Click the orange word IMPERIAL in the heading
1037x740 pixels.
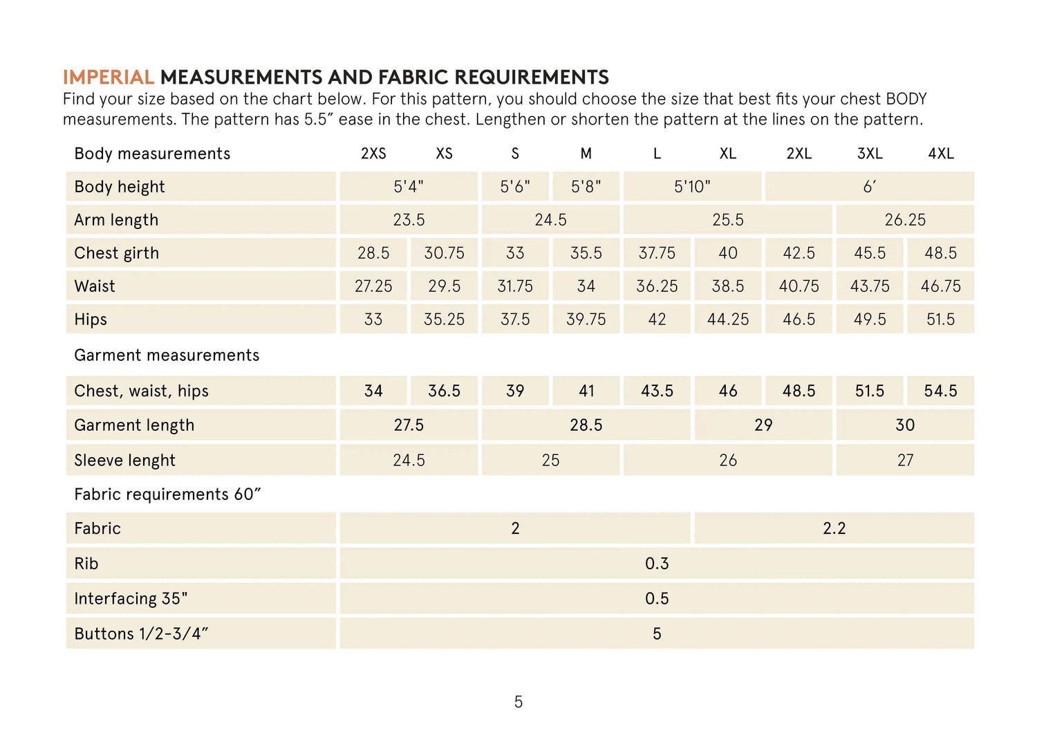(108, 77)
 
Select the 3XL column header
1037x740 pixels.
(870, 154)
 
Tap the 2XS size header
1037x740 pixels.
(373, 154)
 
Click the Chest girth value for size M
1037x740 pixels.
(586, 253)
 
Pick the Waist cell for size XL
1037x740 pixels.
(728, 286)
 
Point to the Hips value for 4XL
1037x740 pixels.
(940, 320)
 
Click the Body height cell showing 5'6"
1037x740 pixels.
(515, 187)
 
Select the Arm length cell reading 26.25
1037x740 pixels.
(905, 220)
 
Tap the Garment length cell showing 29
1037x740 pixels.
(763, 425)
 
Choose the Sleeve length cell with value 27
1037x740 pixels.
(905, 461)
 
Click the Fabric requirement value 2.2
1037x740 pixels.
(834, 528)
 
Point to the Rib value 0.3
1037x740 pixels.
(657, 564)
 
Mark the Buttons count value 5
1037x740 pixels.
(657, 633)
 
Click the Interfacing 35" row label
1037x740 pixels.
(131, 599)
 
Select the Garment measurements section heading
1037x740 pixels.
(167, 355)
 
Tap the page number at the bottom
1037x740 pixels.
(518, 702)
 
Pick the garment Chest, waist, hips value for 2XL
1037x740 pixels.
(798, 391)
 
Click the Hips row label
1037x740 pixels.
(91, 320)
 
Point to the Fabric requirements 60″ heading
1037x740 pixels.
(167, 494)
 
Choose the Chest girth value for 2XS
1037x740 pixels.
(373, 253)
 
